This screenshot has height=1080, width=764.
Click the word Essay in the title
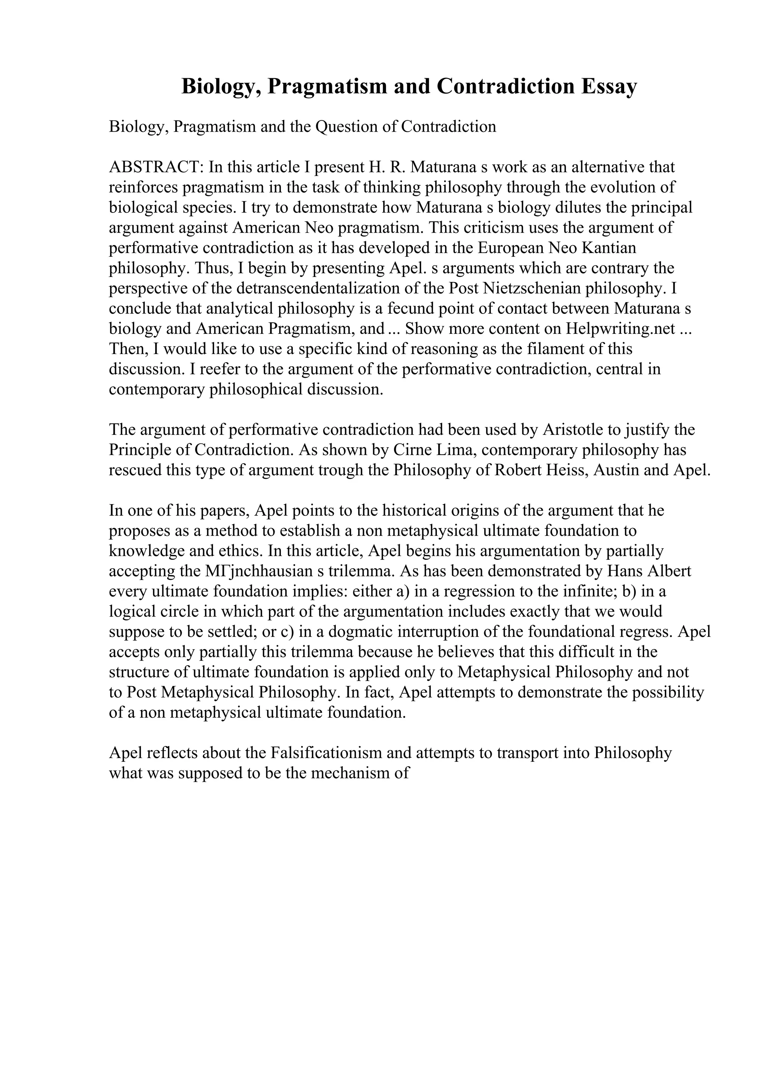pos(609,86)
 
